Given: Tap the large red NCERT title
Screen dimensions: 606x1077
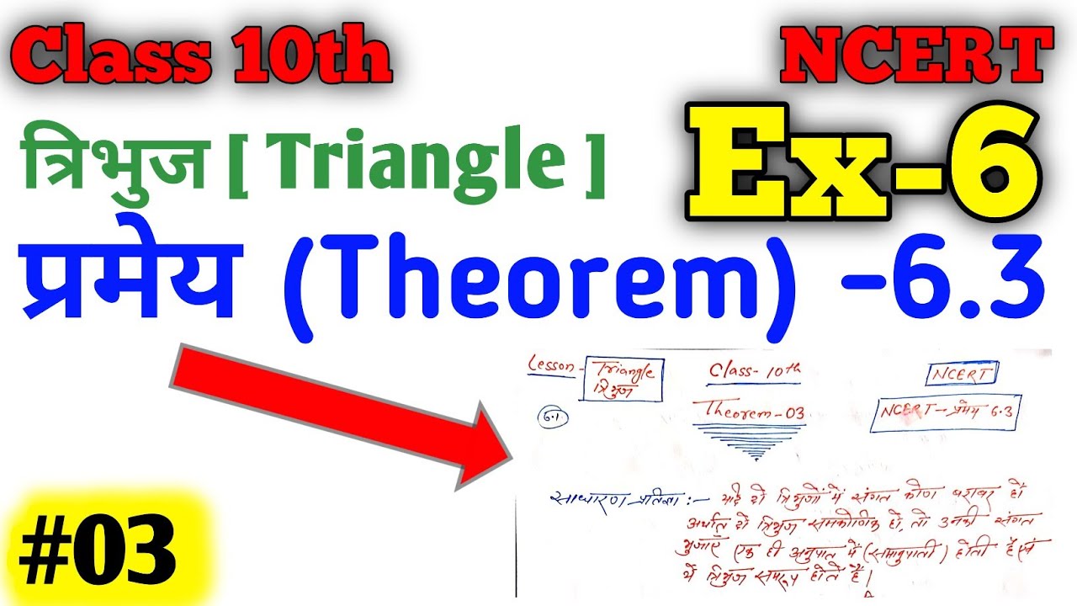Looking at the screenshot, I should click(915, 56).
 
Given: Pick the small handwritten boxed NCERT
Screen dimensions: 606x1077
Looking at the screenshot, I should click(962, 372).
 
